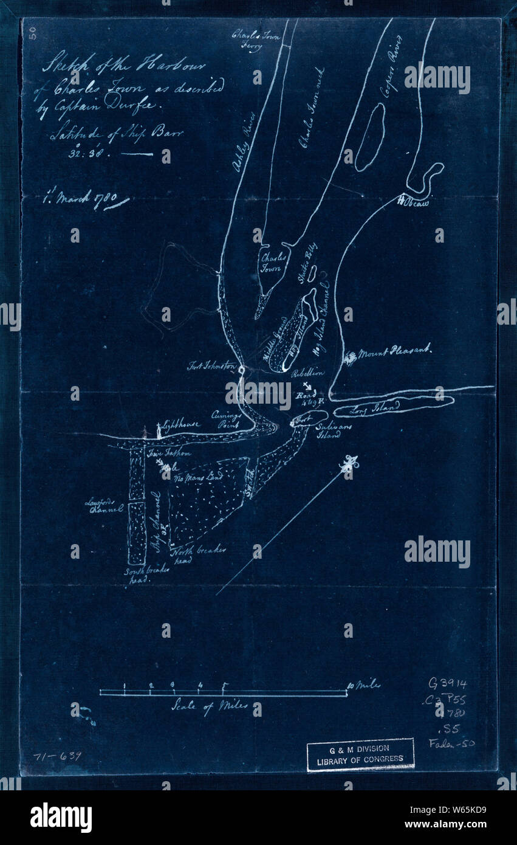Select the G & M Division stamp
[360, 755]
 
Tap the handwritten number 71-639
[57, 756]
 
